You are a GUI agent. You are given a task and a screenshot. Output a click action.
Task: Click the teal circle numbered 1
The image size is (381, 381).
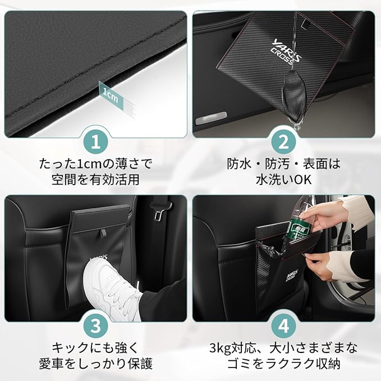click(x=95, y=142)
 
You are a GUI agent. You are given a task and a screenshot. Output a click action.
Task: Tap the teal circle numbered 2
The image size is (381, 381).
click(x=283, y=142)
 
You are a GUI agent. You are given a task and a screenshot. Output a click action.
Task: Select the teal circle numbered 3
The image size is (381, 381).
click(x=95, y=325)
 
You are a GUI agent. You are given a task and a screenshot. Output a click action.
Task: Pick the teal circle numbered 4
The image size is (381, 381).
click(x=283, y=325)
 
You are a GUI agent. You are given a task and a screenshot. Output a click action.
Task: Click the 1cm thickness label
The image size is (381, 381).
click(x=111, y=95)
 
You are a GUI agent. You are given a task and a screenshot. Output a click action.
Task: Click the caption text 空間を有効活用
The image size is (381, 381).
click(x=95, y=180)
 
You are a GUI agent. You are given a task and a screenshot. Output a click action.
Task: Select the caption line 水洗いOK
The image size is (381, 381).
click(x=283, y=180)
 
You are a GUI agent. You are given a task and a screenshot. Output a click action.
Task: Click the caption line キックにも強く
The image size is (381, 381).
click(x=95, y=348)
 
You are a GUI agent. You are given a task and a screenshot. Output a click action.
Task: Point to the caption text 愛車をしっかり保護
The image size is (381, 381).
click(x=95, y=364)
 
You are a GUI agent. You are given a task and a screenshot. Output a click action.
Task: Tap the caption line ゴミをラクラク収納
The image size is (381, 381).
click(x=283, y=364)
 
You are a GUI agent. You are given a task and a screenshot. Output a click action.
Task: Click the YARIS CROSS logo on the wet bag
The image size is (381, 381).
click(x=286, y=52)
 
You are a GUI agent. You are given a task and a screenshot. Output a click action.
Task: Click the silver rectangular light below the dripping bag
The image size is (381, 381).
click(x=211, y=118)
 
